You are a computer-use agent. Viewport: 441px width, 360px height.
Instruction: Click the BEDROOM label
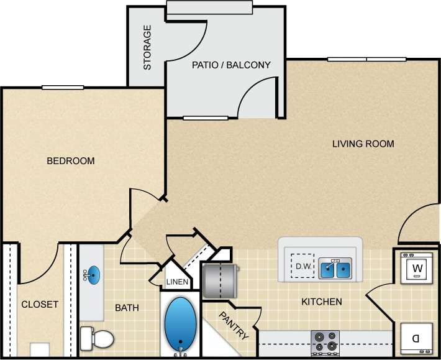click(71, 161)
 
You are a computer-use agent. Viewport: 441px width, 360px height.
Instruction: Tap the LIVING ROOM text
click(363, 144)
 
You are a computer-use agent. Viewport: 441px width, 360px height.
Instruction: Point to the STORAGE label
click(147, 47)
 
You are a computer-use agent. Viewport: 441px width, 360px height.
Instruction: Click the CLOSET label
click(40, 305)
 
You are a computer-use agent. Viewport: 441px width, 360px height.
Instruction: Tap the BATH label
click(127, 308)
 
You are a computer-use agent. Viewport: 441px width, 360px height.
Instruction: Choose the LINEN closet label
click(177, 282)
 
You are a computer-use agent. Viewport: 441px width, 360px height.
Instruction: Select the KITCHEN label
click(321, 302)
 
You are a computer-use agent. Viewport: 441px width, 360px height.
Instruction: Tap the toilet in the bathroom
click(98, 338)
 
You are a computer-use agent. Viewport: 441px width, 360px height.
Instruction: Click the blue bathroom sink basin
click(93, 274)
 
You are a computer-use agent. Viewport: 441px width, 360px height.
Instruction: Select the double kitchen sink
click(335, 269)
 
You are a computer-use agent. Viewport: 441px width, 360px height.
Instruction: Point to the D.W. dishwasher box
click(302, 265)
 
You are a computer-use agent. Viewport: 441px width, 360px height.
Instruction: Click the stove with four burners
click(325, 343)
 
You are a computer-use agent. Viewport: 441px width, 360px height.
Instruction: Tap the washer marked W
click(416, 268)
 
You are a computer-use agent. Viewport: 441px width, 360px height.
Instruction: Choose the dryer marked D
click(416, 339)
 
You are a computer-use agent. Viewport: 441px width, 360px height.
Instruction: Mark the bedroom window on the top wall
click(63, 88)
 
